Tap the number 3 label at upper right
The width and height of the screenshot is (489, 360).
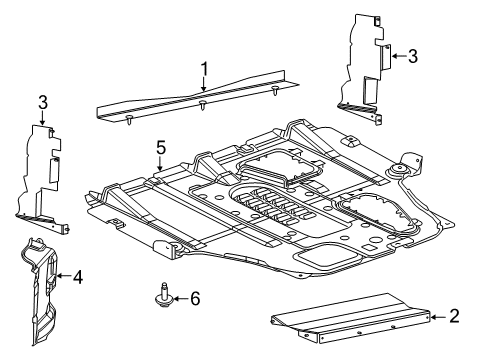coord(412,56)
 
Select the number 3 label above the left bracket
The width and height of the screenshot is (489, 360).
coord(42,102)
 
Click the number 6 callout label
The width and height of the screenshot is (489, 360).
coord(196,298)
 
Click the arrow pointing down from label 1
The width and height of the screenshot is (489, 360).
coord(203,86)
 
